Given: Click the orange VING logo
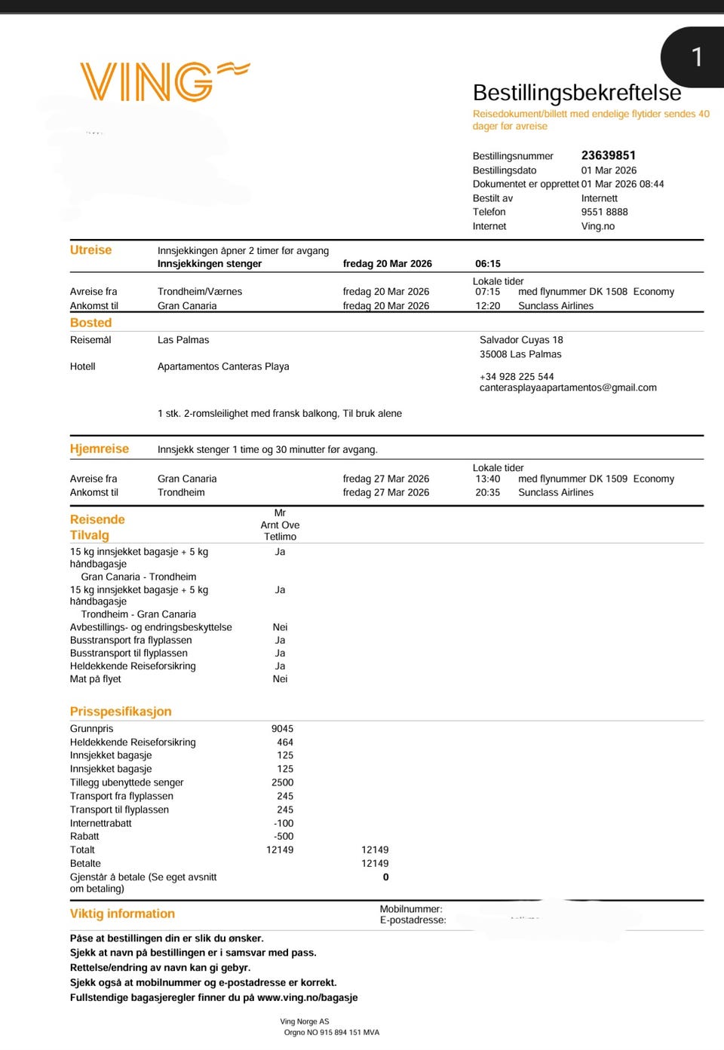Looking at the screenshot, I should (164, 81).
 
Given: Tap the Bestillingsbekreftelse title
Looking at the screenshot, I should (576, 93).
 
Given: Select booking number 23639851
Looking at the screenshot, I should (608, 155).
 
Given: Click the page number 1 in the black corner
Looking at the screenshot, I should (697, 57).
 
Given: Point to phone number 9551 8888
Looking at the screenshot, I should (604, 212).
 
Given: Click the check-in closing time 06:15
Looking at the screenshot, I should (488, 264).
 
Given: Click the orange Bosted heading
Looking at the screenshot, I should (90, 323).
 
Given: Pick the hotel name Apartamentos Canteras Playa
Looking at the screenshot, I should (223, 366).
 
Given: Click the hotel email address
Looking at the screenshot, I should (568, 387).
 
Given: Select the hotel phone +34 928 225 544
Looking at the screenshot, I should (517, 376).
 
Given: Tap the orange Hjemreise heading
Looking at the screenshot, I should (100, 448).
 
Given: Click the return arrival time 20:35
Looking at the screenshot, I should (488, 492).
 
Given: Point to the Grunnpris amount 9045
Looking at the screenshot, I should (282, 729).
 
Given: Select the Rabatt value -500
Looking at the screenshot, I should (284, 836).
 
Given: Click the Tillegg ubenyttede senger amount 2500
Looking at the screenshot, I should (282, 782).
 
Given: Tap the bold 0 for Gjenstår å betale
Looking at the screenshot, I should (385, 877).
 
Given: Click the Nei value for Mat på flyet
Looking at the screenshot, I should (280, 679).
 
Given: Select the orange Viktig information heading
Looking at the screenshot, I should (122, 914).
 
